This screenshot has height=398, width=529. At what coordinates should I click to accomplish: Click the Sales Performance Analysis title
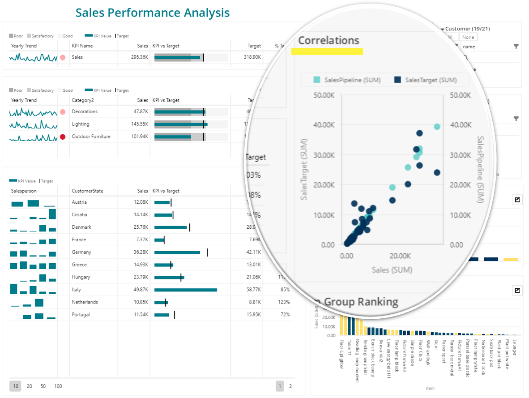tap(152, 13)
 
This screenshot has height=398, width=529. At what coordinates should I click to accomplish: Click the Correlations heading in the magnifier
tap(328, 40)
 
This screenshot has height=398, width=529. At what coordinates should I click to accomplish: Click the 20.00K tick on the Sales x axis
tap(400, 256)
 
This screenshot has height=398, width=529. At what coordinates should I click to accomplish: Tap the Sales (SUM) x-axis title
tap(392, 270)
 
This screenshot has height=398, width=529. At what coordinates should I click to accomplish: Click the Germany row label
tap(81, 252)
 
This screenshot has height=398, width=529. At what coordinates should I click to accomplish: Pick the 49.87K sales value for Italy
tap(141, 290)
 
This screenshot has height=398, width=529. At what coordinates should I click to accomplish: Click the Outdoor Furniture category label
tap(91, 137)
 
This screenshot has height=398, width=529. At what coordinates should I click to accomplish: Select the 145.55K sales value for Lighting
tap(139, 124)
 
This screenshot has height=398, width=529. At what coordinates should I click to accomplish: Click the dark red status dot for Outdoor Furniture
tap(63, 137)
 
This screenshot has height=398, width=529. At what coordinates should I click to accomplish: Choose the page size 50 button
tap(43, 386)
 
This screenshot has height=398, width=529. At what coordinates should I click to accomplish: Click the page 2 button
tap(290, 386)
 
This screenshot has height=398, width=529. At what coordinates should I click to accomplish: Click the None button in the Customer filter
tap(469, 38)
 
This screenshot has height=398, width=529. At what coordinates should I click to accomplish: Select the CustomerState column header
tap(87, 191)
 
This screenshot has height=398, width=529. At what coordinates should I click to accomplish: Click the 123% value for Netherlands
tap(284, 302)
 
